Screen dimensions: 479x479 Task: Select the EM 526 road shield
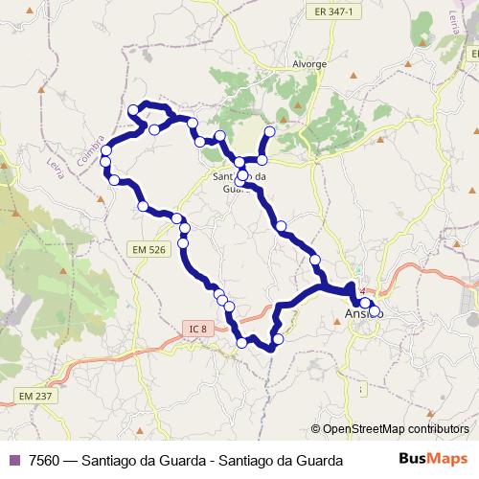coord(147,249)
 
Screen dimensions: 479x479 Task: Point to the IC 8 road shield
coord(197,329)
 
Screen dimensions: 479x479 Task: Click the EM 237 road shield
coord(34,396)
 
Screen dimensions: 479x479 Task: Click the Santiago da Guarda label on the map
coord(239,182)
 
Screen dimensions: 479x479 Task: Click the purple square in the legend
coord(13,461)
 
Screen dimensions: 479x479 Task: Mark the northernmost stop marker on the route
coord(133,110)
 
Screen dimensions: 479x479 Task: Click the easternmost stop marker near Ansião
coord(376,311)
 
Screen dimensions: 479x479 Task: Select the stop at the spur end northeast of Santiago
coord(269,131)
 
